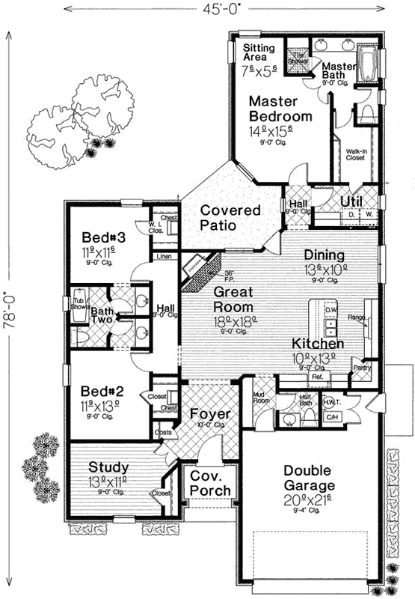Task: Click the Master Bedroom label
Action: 280,109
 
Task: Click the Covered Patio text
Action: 230,218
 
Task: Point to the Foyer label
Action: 209,414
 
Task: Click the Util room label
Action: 351,201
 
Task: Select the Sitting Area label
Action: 259,53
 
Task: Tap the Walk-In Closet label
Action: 356,155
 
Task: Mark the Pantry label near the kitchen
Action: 361,368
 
